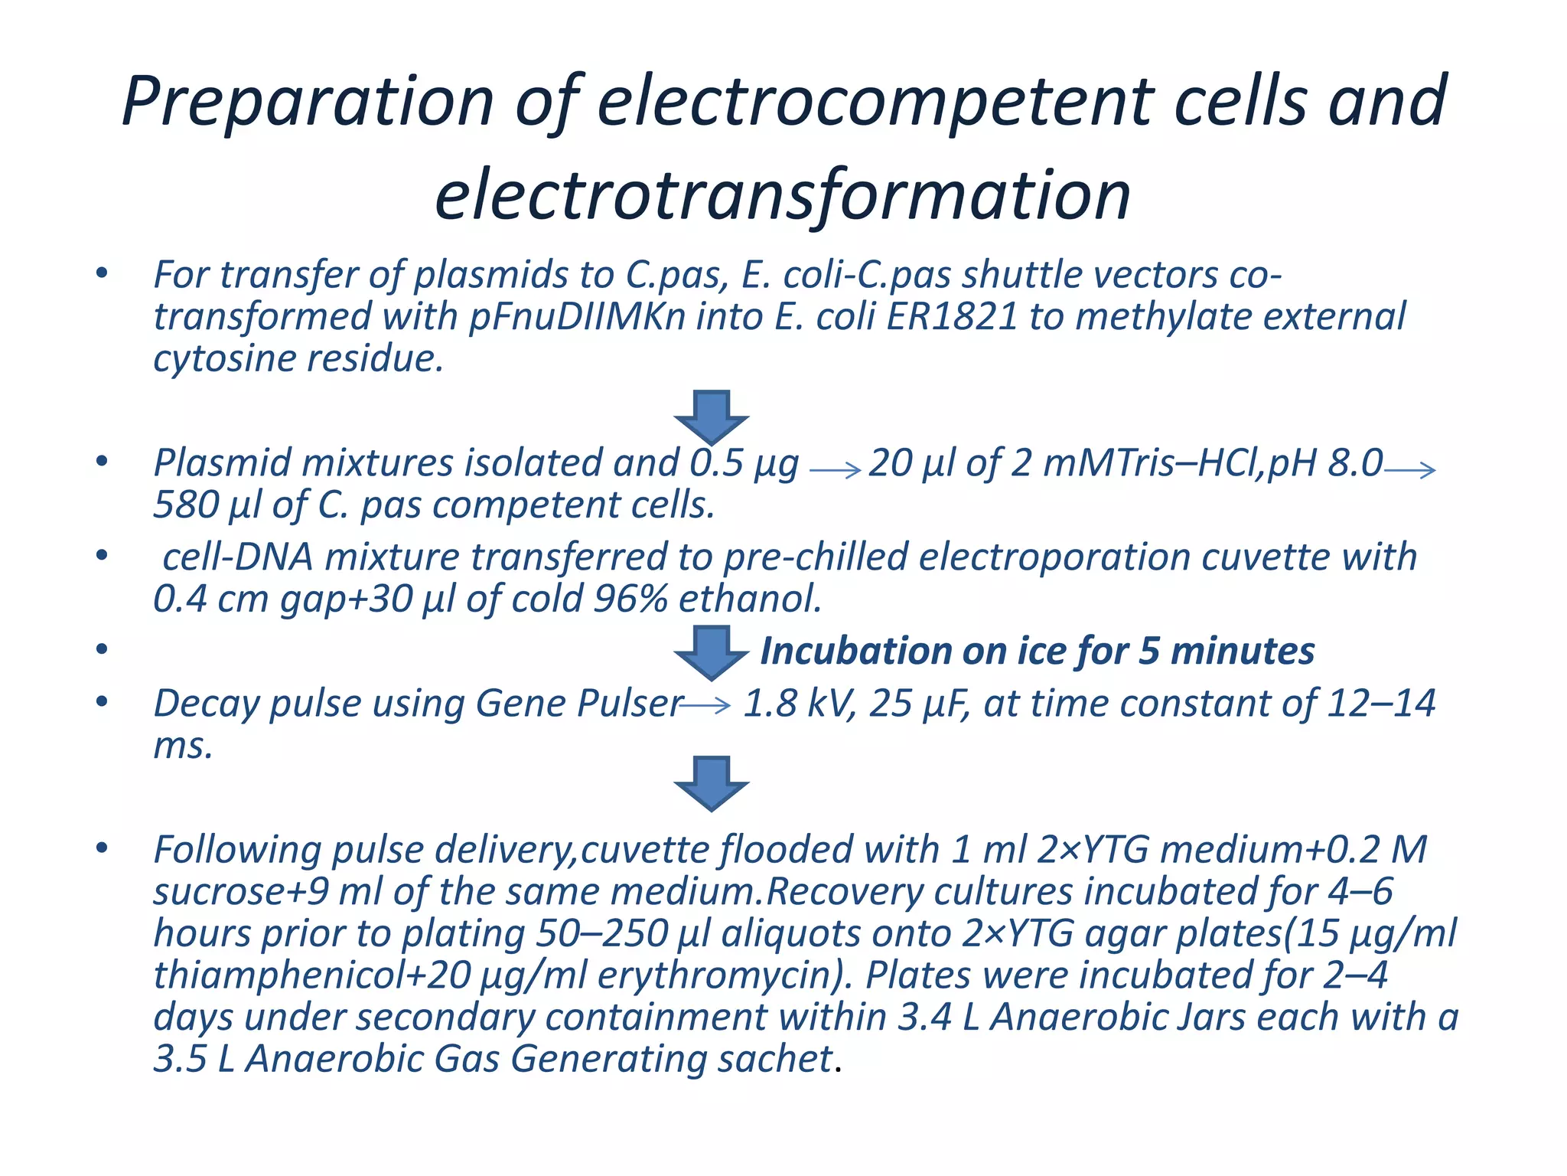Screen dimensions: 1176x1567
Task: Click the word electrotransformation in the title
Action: coord(782,196)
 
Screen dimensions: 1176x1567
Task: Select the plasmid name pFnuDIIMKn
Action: coord(577,317)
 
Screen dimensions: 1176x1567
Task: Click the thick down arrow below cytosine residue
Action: coord(711,416)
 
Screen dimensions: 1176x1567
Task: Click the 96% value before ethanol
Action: coord(630,599)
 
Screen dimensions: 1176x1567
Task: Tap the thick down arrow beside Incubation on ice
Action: coord(711,652)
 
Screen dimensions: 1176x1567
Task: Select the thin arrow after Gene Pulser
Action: coord(705,705)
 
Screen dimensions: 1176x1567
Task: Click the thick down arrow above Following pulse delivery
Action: coord(711,782)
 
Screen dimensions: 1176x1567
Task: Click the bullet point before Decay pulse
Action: coord(102,702)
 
